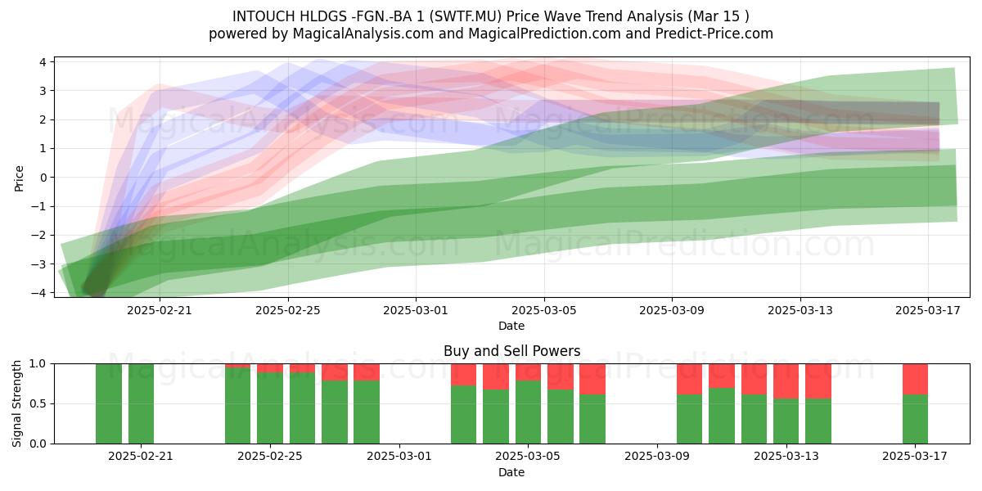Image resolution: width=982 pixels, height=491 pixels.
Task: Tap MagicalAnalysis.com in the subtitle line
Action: [x=363, y=34]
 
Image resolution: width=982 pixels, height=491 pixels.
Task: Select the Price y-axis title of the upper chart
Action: [x=19, y=178]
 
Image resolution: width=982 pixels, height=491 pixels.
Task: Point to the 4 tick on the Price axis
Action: [x=43, y=62]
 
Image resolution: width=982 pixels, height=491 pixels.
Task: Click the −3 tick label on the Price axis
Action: [x=38, y=264]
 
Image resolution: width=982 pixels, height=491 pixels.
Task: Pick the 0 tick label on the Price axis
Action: [x=43, y=178]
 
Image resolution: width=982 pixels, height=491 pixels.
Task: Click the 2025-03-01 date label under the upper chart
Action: [x=416, y=310]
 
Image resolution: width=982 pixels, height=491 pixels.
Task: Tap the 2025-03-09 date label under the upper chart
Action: [x=672, y=310]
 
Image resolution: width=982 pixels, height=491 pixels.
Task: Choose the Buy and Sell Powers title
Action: [x=511, y=351]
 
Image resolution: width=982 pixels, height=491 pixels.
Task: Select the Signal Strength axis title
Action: [x=16, y=403]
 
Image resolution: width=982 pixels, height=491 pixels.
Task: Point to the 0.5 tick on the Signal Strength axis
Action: [x=38, y=403]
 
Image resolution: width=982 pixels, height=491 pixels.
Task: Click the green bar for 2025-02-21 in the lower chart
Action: [x=141, y=403]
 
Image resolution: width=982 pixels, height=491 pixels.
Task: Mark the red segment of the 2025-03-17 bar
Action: [x=915, y=379]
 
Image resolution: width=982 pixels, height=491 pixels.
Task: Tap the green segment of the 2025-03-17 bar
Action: [x=915, y=419]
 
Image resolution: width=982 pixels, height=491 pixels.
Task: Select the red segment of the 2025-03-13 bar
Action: [x=786, y=381]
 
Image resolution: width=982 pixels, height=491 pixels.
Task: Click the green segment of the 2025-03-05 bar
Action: [x=528, y=412]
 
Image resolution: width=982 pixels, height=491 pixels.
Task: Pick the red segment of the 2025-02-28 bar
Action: [x=367, y=372]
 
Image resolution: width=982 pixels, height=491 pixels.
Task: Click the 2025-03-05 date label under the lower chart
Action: [x=527, y=457]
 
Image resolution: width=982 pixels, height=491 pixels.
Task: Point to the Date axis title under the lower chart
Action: [x=511, y=472]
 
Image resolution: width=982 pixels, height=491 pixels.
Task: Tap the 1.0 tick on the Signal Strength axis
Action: [x=38, y=364]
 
